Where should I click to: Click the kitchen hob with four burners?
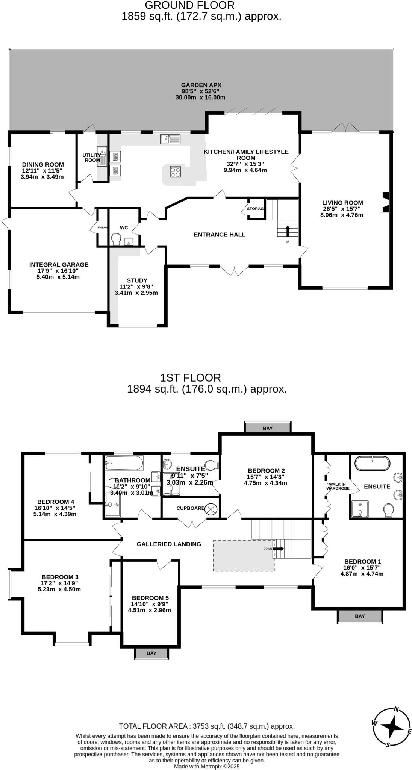[x=175, y=172]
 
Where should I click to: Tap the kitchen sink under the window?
[x=170, y=139]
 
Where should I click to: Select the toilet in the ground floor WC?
[x=116, y=239]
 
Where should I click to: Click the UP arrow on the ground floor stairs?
[x=288, y=230]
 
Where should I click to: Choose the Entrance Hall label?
[x=220, y=235]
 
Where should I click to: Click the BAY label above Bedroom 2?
[x=268, y=428]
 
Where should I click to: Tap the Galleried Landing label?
[x=169, y=544]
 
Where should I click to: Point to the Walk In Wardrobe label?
[x=338, y=487]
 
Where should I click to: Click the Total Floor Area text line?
[x=206, y=726]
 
